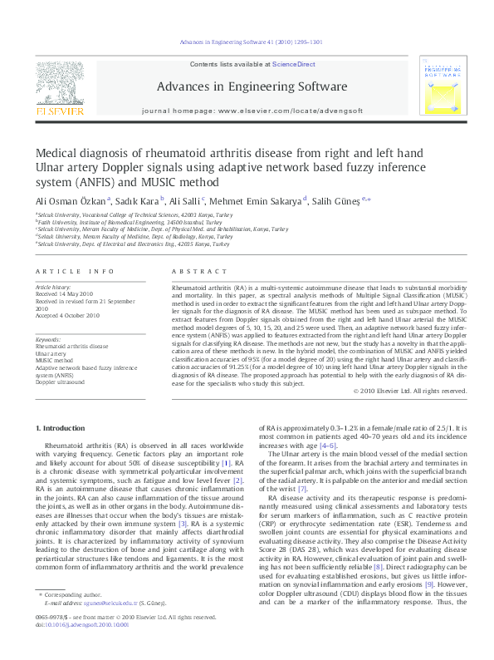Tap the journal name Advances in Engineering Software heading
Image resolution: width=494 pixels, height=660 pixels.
tap(247, 86)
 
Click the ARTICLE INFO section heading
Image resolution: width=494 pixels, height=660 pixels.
tap(75, 271)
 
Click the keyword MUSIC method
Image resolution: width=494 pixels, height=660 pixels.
tap(56, 360)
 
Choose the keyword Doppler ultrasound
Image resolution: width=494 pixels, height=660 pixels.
tap(60, 382)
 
